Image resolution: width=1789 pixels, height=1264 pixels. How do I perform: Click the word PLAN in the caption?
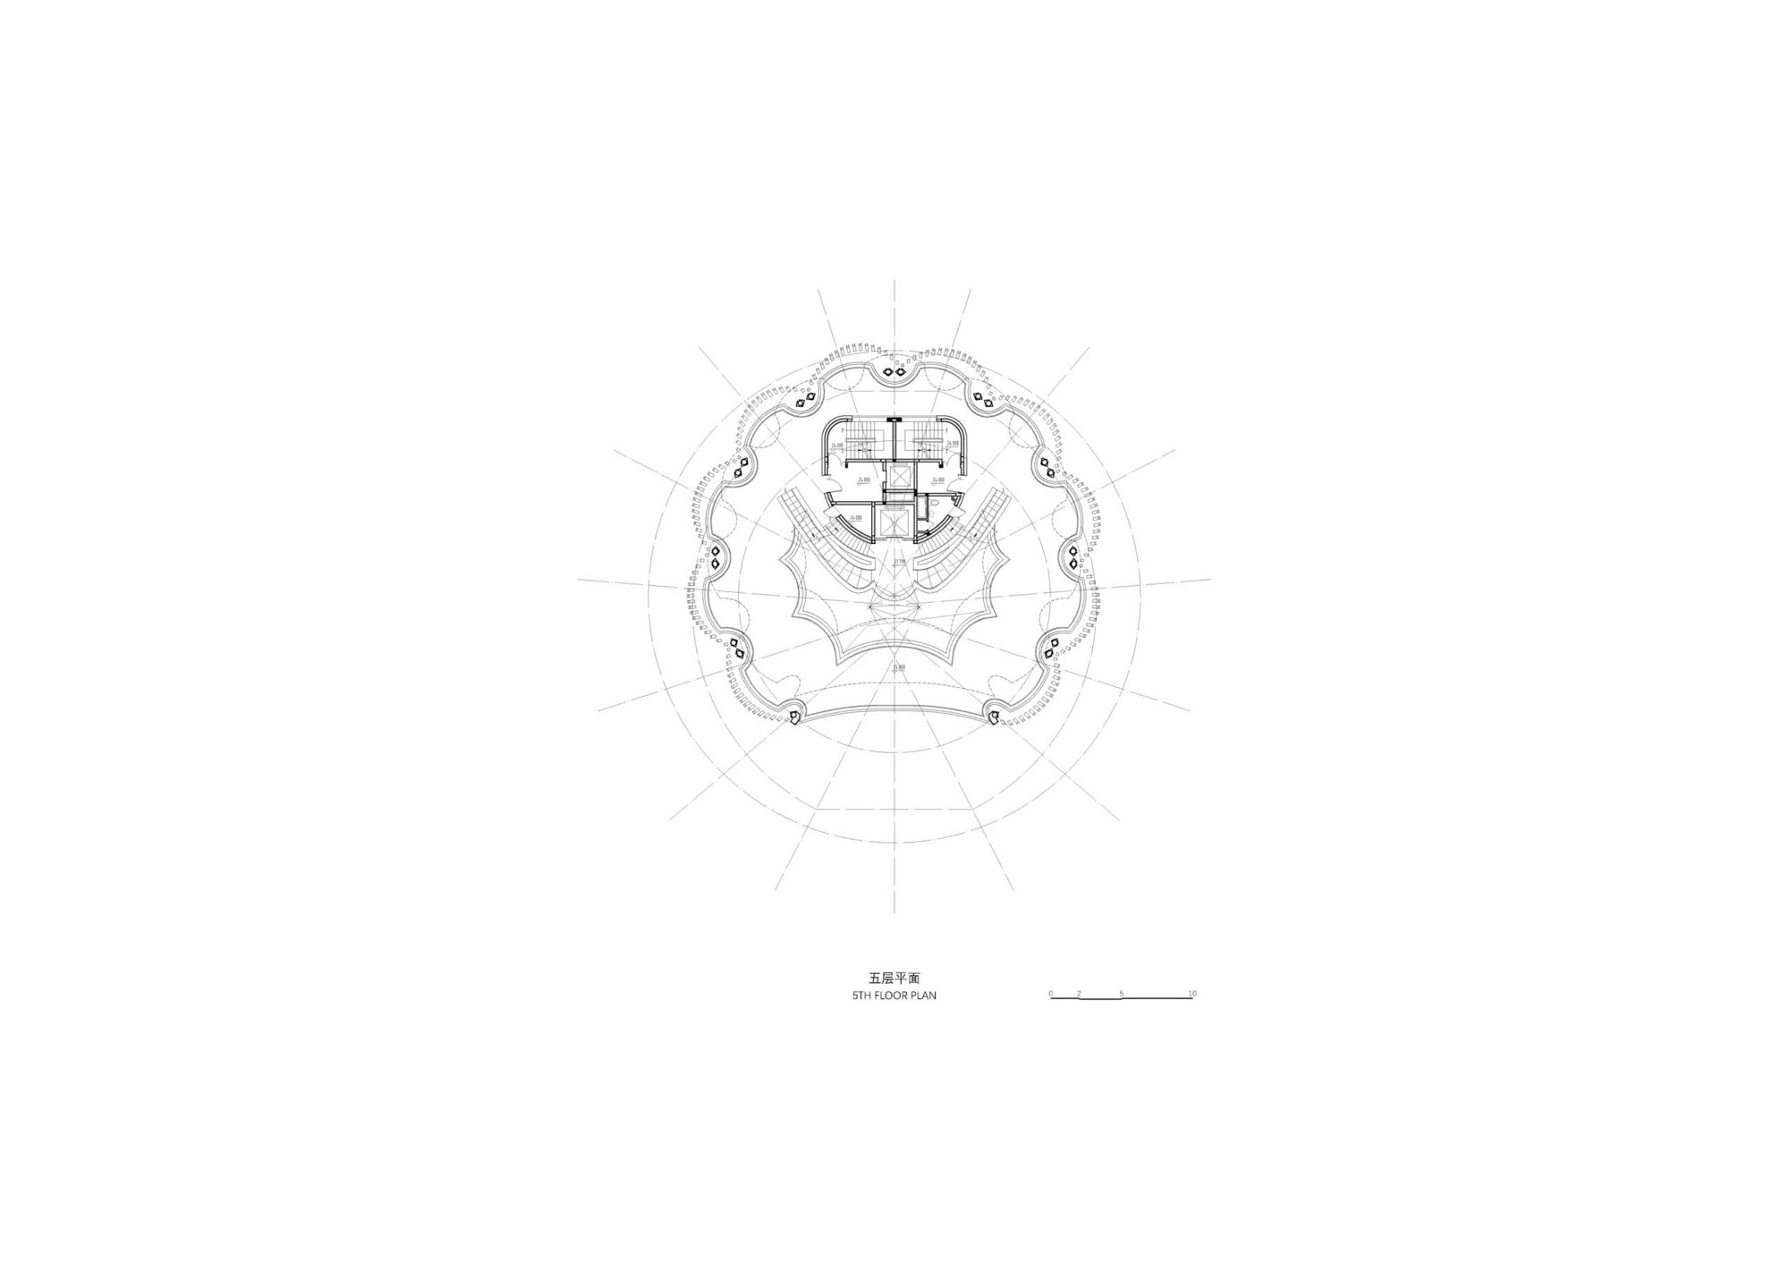(x=924, y=995)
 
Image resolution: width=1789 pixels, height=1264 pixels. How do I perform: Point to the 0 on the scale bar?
(x=1051, y=993)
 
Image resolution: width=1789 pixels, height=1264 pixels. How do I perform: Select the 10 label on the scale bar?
(x=1191, y=993)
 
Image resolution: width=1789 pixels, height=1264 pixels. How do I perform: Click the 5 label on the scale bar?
(x=1122, y=993)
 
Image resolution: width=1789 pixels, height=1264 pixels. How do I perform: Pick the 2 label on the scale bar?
(x=1080, y=993)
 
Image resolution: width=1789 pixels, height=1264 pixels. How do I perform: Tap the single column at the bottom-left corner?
(x=795, y=717)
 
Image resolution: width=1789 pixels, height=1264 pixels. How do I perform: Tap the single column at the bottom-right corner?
(x=993, y=716)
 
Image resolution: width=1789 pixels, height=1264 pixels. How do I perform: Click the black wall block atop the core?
(x=894, y=420)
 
